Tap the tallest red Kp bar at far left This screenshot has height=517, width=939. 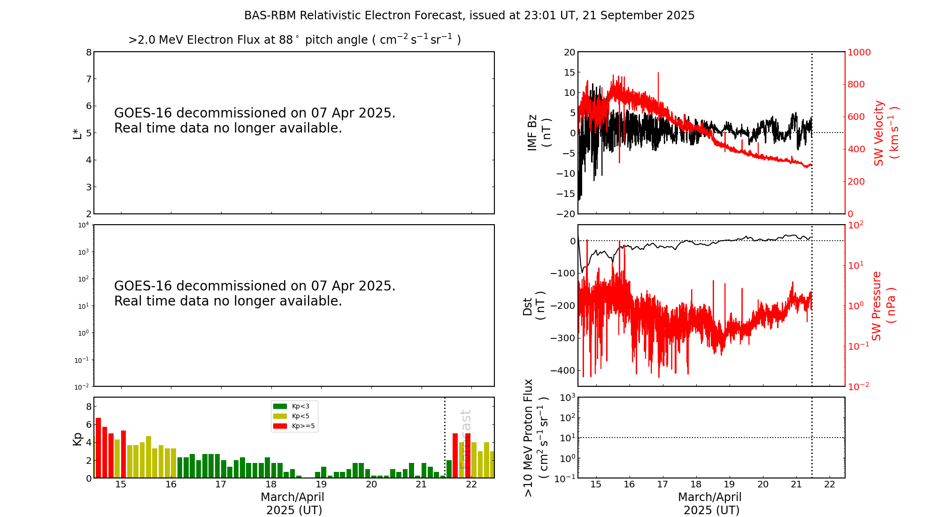(98, 446)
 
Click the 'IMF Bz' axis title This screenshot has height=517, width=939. (532, 133)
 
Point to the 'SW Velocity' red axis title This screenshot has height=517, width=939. (879, 133)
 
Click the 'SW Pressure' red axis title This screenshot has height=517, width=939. (877, 305)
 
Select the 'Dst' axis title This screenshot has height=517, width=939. (528, 306)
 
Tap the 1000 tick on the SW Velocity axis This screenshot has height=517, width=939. (859, 52)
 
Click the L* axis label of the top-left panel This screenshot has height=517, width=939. (77, 133)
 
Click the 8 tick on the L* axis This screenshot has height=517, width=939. (89, 52)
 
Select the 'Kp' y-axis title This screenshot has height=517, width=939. (77, 439)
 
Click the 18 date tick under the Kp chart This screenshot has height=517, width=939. (271, 485)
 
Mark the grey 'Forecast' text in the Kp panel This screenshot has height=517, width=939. (465, 439)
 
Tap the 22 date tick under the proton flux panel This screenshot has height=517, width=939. (830, 485)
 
